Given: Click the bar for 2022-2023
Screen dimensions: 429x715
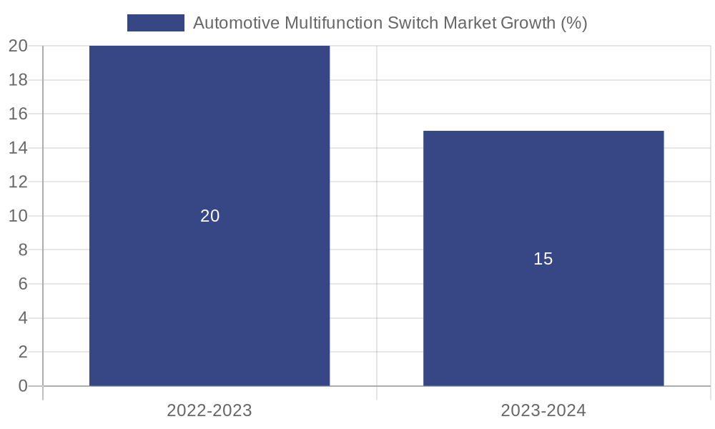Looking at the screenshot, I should pyautogui.click(x=209, y=143).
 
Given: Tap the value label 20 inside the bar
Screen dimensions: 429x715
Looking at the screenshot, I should pyautogui.click(x=209, y=216).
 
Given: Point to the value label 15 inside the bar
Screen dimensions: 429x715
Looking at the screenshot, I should pyautogui.click(x=543, y=259).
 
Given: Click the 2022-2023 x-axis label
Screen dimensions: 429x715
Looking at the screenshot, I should pyautogui.click(x=209, y=410).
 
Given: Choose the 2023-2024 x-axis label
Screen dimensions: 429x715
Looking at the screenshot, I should pyautogui.click(x=543, y=410).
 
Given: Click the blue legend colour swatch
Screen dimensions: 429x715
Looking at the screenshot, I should pyautogui.click(x=155, y=23).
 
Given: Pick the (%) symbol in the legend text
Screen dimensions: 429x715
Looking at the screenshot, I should pyautogui.click(x=574, y=23).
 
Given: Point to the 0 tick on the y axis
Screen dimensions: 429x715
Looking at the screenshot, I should pyautogui.click(x=22, y=386).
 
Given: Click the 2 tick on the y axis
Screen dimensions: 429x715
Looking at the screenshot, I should pyautogui.click(x=22, y=352).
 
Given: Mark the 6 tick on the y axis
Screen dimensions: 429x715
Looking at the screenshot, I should pyautogui.click(x=22, y=284).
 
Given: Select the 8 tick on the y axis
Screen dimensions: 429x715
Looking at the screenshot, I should pyautogui.click(x=22, y=250).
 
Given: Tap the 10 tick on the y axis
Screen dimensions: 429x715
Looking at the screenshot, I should pyautogui.click(x=18, y=216).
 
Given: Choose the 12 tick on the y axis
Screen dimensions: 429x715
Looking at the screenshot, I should pyautogui.click(x=18, y=182).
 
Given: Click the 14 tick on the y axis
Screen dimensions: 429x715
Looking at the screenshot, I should pyautogui.click(x=18, y=148).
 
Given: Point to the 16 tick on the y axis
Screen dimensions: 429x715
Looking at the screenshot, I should pyautogui.click(x=18, y=114).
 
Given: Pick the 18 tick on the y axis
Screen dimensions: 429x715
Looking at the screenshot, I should pyautogui.click(x=18, y=79).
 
